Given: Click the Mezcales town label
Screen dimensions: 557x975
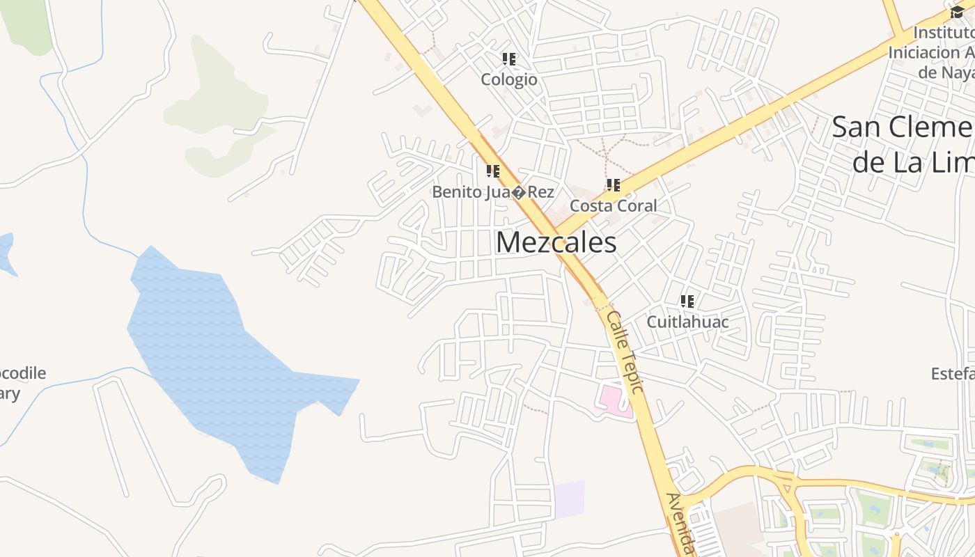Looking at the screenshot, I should point(556,243).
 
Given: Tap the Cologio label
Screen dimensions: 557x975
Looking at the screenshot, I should point(509,79).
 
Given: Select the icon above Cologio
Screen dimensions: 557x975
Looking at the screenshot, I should point(509,59).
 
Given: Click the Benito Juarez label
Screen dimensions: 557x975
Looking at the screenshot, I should point(493,191).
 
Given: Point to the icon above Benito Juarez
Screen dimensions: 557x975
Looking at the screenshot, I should point(493,171).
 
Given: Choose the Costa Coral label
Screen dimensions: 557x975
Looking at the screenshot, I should point(613,206).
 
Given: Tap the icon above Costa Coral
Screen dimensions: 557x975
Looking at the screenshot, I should point(613,185).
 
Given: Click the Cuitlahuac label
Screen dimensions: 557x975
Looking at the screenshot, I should point(687,322).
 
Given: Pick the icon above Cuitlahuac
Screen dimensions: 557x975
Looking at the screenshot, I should point(687,301).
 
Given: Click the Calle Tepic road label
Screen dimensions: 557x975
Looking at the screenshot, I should point(625,352).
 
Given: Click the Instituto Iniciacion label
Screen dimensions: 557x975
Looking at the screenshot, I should point(933,52).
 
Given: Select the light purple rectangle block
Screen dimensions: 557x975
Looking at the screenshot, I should point(569,499).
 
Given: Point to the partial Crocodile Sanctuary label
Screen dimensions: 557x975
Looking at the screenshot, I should point(21,383).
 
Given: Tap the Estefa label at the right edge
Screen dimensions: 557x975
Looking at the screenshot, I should point(952,374).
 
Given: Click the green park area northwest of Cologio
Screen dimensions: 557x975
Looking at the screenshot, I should point(216,104).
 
